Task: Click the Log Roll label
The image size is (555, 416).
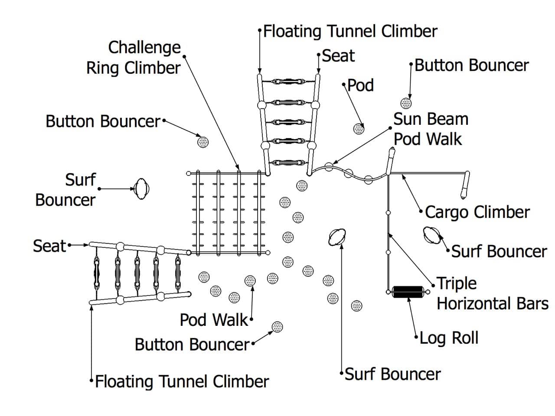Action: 449,338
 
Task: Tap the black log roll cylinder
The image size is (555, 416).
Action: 408,292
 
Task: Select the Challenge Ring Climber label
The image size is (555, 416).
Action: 134,58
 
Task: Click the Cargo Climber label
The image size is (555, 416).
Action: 477,212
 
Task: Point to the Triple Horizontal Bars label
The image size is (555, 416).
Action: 492,293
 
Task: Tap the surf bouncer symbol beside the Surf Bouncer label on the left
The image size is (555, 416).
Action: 141,189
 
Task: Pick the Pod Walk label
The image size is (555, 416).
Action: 214,320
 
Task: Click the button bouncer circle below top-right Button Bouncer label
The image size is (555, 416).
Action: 406,103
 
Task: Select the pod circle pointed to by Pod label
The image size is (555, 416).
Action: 359,128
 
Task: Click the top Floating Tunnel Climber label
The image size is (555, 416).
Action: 350,31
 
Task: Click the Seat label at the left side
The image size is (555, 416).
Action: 49,246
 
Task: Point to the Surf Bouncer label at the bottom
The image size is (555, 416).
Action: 393,374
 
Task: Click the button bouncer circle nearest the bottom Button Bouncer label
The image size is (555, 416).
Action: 277,327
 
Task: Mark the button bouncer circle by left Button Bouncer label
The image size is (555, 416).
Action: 202,141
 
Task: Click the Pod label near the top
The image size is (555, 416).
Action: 360,85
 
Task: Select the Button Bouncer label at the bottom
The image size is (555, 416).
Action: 192,344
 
